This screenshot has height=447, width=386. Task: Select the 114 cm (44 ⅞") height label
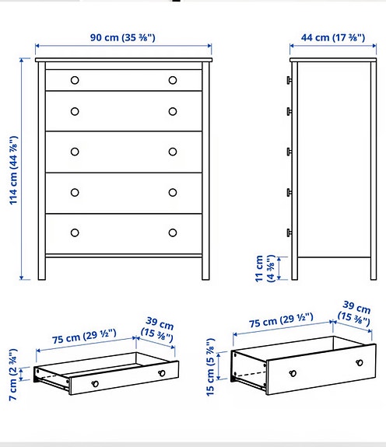click(14, 170)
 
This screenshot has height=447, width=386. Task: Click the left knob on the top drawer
click(75, 79)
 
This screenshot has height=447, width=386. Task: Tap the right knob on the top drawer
click(172, 79)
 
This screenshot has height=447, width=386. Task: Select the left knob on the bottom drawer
click(75, 232)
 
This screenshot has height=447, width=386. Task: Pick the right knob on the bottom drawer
click(172, 232)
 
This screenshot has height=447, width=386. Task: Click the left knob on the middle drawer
click(75, 152)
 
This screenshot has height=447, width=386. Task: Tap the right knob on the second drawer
click(172, 111)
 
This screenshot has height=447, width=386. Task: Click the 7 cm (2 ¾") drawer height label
click(12, 372)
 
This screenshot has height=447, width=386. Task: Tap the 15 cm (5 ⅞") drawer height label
click(216, 370)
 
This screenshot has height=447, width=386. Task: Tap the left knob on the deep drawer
click(291, 372)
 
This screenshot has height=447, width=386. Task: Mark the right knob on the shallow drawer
click(162, 375)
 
